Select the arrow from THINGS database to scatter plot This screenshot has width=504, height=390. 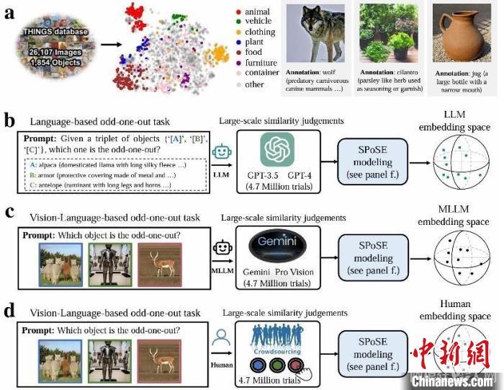tap(102, 49)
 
